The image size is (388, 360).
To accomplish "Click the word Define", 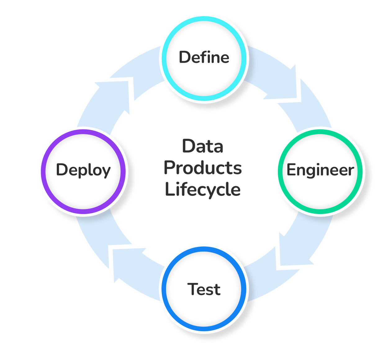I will coord(204,57).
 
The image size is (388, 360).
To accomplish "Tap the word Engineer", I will coord(320,170).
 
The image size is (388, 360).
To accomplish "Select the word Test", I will coord(204,289).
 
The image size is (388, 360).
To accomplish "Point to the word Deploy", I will coord(83,170).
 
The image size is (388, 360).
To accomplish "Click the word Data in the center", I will coord(203,146).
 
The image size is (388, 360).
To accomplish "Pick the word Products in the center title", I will coord(203,168).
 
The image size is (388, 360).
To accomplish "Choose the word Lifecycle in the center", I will coord(203,189).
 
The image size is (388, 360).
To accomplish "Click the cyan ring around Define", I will coord(204,18).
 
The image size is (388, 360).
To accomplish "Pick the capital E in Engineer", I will coord(291,170).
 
